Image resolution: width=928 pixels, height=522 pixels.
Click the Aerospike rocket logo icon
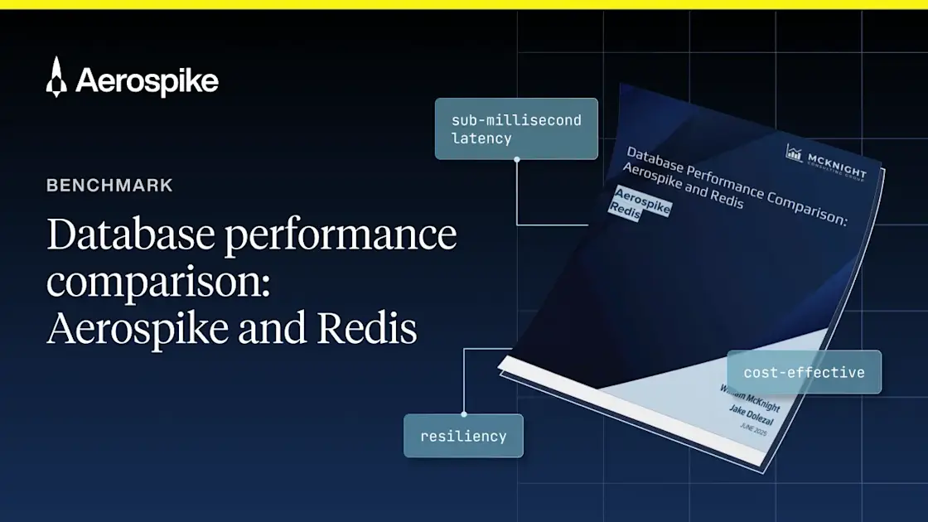56,78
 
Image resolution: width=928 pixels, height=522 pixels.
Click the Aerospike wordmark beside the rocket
147,81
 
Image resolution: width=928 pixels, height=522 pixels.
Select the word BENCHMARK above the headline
109,186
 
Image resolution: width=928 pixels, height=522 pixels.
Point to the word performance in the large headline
339,237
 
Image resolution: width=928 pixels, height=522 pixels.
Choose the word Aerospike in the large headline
138,331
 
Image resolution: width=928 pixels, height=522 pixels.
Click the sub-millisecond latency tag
516,129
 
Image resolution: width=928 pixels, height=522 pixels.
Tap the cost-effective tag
804,372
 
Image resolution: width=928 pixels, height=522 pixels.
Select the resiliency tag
463,436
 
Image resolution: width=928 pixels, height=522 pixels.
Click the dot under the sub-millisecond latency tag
516,160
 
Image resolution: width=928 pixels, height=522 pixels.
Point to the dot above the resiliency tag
463,413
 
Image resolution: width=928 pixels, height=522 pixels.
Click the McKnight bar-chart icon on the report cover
794,152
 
